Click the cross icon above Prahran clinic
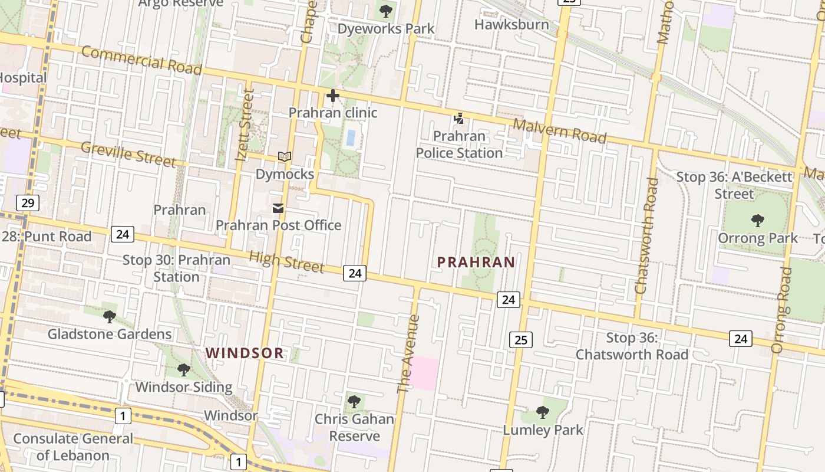333,96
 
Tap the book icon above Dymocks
285,157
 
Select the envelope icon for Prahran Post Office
278,208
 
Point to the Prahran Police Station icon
458,119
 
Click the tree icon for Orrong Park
757,221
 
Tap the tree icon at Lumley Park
543,412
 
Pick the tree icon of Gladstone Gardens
110,317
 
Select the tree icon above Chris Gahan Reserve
354,402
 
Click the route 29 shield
27,204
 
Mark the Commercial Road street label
141,60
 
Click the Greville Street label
128,154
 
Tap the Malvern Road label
559,131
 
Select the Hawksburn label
511,25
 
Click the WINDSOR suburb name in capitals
245,353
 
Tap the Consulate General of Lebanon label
73,447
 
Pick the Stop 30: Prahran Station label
176,268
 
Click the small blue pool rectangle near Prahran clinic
351,138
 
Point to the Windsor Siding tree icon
184,370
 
